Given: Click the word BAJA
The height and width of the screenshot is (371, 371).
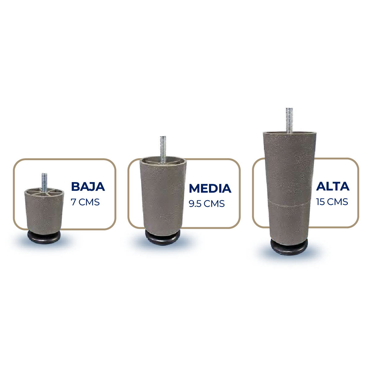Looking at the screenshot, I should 88,186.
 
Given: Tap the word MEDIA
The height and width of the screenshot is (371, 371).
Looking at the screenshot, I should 210,188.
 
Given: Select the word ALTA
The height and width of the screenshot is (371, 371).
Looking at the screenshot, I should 333,186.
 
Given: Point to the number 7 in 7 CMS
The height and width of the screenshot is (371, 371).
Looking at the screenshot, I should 73,202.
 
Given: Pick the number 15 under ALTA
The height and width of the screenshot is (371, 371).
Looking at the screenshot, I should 320,202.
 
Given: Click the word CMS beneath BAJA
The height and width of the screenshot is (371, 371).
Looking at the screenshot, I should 89,202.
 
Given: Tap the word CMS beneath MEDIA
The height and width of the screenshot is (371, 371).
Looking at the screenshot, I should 214,204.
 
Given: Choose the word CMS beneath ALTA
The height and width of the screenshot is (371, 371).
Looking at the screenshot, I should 338,202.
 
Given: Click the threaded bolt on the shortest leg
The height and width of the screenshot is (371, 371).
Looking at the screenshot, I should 44,181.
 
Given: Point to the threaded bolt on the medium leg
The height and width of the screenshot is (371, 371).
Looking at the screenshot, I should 163,147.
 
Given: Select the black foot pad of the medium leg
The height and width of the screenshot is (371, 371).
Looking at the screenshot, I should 162,238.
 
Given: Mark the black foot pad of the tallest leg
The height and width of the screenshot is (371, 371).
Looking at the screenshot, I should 289,247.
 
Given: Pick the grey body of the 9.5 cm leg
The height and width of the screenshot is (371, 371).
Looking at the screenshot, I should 163,198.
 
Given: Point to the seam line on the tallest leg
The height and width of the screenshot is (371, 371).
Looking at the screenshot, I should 289,202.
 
